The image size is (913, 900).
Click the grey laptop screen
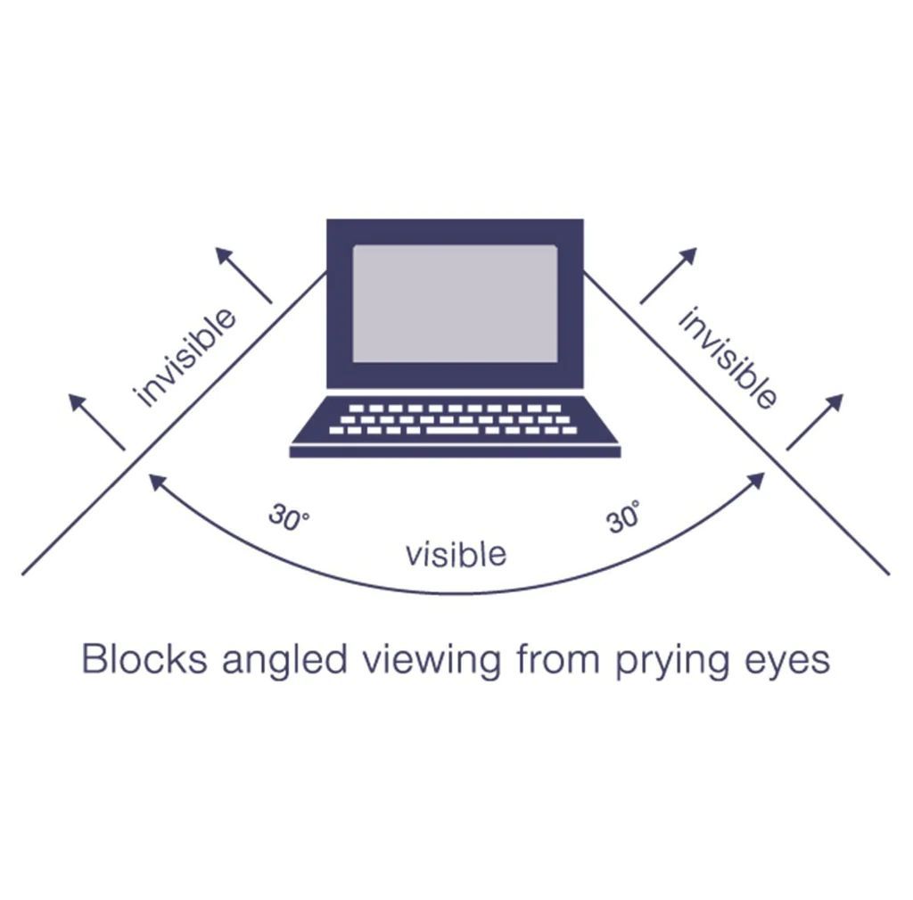[455, 303]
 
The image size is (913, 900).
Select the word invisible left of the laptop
[185, 357]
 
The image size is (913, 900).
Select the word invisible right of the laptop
[727, 357]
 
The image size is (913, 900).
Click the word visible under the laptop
[456, 554]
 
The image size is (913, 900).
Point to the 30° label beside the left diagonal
[289, 518]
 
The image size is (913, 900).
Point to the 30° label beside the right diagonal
[623, 516]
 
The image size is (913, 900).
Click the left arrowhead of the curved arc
[156, 482]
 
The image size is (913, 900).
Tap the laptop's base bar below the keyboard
[455, 451]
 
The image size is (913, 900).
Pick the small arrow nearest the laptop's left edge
[243, 275]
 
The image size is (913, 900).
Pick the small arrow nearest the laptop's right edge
[668, 275]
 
